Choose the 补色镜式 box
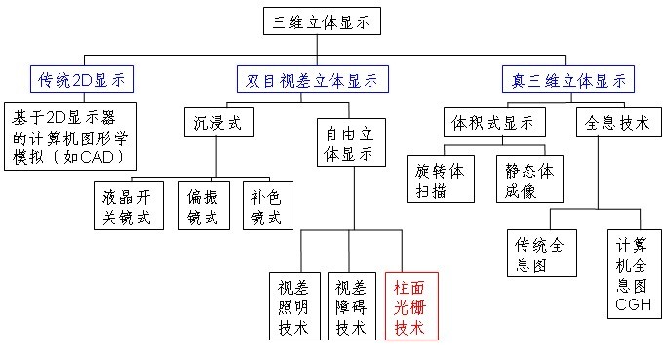click(x=267, y=206)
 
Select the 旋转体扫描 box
click(x=441, y=181)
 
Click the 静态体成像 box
click(x=528, y=181)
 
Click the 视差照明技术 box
click(x=293, y=305)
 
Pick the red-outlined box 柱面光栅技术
click(x=412, y=305)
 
